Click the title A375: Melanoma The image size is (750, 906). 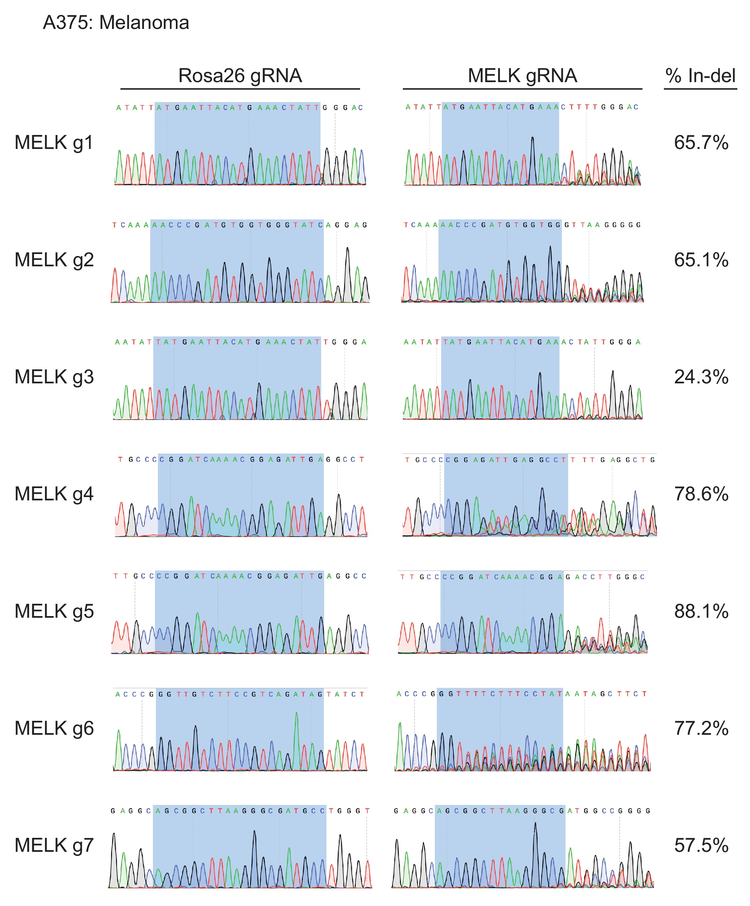pyautogui.click(x=116, y=22)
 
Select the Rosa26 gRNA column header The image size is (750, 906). pyautogui.click(x=240, y=76)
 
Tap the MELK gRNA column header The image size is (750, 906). pyautogui.click(x=522, y=76)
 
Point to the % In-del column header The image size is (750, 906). pyautogui.click(x=700, y=76)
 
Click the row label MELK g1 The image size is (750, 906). pyautogui.click(x=54, y=142)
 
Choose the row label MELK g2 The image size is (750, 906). pyautogui.click(x=54, y=260)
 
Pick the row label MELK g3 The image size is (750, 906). pyautogui.click(x=54, y=377)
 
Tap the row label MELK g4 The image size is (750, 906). pyautogui.click(x=54, y=493)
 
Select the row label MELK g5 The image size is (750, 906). pyautogui.click(x=54, y=611)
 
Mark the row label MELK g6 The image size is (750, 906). pyautogui.click(x=54, y=728)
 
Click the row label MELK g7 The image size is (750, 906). pyautogui.click(x=54, y=845)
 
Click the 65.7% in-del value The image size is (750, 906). pyautogui.click(x=701, y=142)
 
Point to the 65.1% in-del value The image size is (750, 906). pyautogui.click(x=701, y=260)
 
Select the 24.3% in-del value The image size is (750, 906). pyautogui.click(x=701, y=377)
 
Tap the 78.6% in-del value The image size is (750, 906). pyautogui.click(x=701, y=493)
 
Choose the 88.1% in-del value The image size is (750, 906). pyautogui.click(x=701, y=611)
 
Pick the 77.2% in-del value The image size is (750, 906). pyautogui.click(x=701, y=728)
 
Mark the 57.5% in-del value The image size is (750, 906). pyautogui.click(x=701, y=845)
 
